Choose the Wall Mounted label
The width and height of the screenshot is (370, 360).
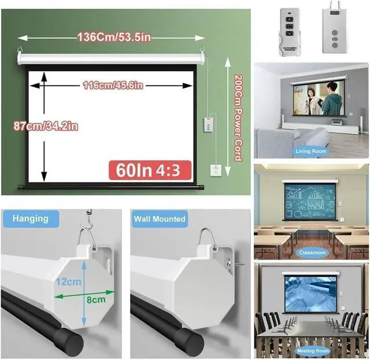[x=160, y=219]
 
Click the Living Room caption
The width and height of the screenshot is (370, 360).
[x=311, y=151]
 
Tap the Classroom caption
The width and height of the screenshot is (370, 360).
[x=312, y=253]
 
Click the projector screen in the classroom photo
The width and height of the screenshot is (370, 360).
[x=311, y=202]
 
